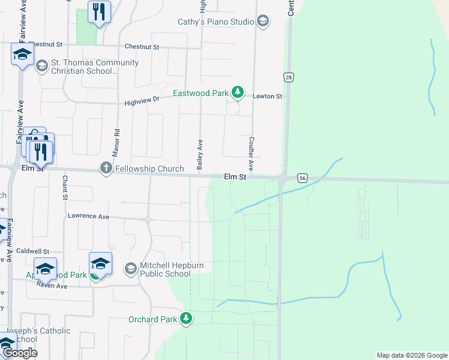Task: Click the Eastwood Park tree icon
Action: click(238, 92)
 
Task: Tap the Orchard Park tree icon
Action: click(186, 319)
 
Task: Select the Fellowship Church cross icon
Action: click(106, 168)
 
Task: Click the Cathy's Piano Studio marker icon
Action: click(262, 22)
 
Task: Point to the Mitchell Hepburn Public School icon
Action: click(131, 268)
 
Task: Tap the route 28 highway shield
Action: click(289, 77)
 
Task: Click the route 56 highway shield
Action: click(302, 178)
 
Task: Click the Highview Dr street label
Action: click(142, 101)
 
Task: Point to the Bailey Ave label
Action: click(200, 153)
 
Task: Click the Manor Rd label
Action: click(117, 141)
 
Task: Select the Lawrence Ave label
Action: click(88, 215)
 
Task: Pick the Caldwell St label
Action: click(32, 251)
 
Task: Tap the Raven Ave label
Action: click(52, 286)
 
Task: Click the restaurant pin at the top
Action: click(99, 12)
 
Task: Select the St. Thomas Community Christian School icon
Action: click(41, 65)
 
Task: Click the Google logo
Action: click(19, 353)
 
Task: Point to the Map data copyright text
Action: click(411, 355)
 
